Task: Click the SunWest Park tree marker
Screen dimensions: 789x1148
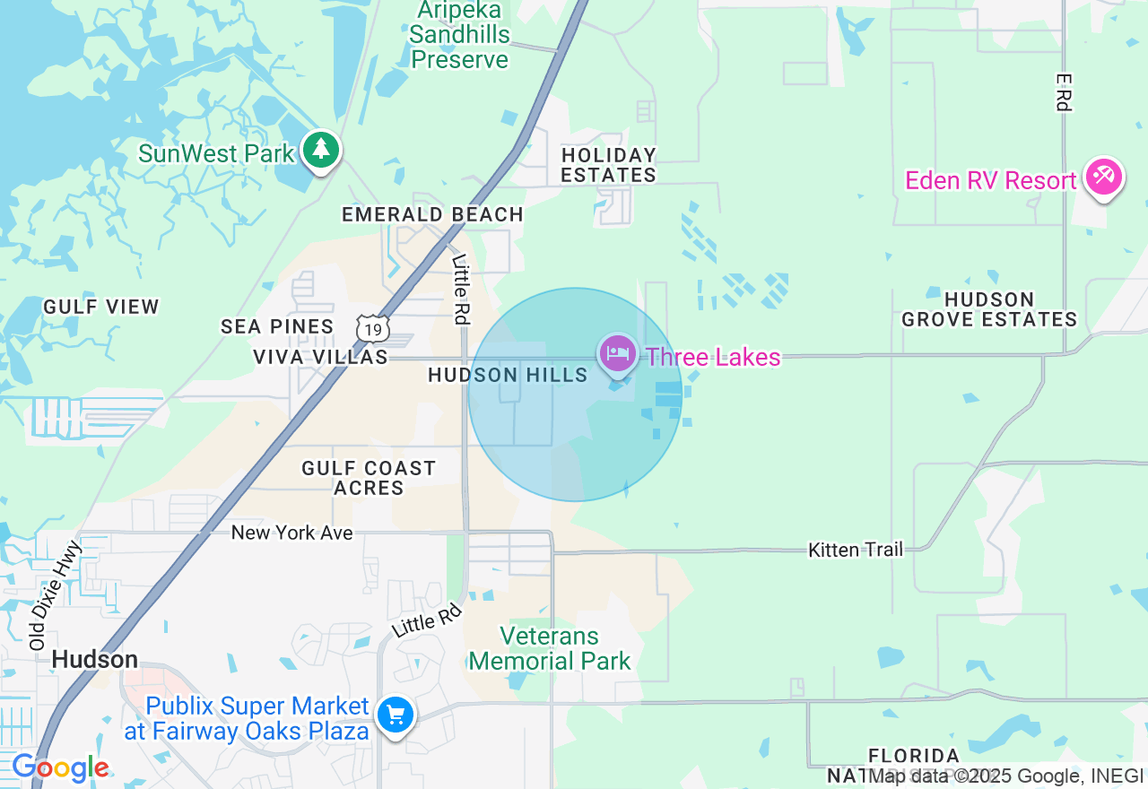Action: (320, 150)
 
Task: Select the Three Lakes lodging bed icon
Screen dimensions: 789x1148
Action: (617, 353)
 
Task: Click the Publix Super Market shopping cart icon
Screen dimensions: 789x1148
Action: (396, 715)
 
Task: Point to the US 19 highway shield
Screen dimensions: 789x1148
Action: (372, 329)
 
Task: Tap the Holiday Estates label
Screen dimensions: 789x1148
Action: (609, 165)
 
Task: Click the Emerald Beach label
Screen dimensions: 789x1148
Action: (432, 214)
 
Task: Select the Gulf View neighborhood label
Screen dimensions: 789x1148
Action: (101, 307)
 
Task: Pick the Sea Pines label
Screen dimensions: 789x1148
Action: (277, 326)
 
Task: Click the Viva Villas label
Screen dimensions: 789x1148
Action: (320, 357)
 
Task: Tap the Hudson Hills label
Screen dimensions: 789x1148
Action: (508, 375)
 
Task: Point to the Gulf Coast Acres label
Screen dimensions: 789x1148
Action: (369, 478)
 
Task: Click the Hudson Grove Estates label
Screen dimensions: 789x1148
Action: (989, 309)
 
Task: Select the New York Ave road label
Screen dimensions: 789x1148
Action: (292, 533)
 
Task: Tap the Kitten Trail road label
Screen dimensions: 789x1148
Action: (856, 550)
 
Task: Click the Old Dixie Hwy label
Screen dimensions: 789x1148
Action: (56, 594)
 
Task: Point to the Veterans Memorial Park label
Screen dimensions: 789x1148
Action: (549, 649)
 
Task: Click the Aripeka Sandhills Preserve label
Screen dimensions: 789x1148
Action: (460, 36)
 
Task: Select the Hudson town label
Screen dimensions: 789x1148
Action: (95, 660)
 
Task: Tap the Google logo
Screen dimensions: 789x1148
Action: (60, 767)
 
